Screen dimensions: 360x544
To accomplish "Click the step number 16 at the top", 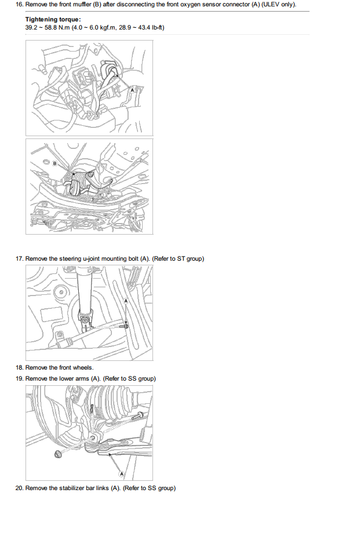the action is pos(19,5).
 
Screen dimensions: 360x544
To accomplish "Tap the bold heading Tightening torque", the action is pos(53,20).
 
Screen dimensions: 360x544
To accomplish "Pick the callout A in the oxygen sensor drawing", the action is pos(132,90).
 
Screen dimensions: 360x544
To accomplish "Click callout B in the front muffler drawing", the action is pos(54,163).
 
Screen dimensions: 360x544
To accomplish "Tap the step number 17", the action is pos(19,258).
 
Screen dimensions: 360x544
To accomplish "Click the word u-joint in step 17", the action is pos(91,258).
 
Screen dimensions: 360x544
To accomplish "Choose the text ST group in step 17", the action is pos(190,258).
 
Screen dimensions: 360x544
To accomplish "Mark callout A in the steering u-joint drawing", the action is pos(126,301).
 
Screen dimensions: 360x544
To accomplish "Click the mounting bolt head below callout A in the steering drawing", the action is pos(125,326).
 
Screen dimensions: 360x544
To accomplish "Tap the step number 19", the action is pos(19,378).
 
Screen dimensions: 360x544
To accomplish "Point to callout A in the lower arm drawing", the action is pos(122,474).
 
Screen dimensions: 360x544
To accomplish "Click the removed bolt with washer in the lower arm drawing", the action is pos(58,454).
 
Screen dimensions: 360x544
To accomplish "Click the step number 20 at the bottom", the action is pos(19,488).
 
